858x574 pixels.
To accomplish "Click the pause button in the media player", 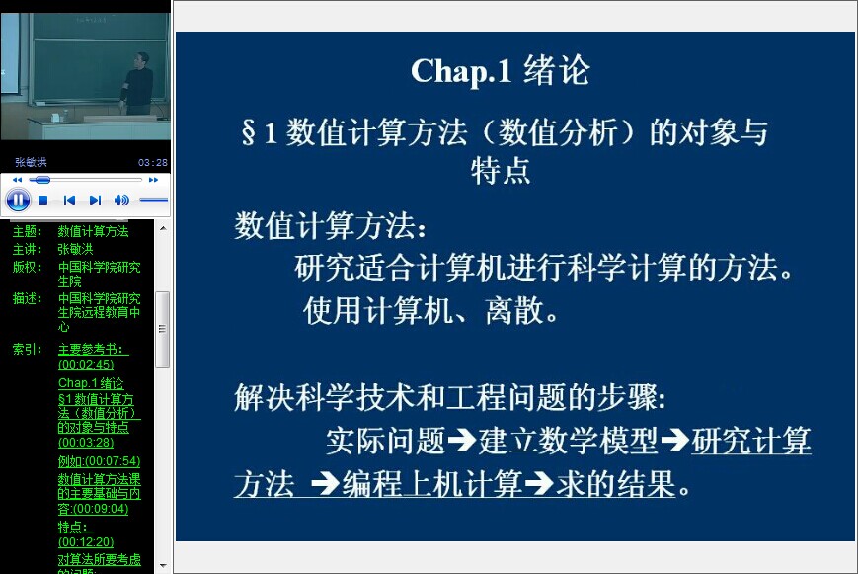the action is (18, 200).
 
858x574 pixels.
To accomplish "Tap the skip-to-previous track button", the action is (69, 200).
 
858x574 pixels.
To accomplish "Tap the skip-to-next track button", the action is (95, 200).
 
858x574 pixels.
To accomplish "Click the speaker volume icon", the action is (121, 200).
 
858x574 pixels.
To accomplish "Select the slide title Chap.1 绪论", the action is (501, 71).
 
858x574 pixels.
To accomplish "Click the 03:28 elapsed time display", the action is (153, 163).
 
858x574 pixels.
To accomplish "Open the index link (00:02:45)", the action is (86, 365).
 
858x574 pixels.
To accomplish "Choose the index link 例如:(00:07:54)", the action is (99, 461).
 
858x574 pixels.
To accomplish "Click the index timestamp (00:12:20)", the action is (86, 542).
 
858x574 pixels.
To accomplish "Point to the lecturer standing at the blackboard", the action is (138, 83).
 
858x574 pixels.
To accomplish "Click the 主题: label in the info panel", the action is (27, 232).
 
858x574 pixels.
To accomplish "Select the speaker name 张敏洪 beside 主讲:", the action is (75, 249).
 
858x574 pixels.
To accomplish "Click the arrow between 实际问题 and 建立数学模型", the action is (461, 441).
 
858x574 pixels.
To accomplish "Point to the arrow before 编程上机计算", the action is (325, 484).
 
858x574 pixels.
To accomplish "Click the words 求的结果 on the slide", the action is (615, 484).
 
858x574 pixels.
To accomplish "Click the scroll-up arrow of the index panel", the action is (163, 228).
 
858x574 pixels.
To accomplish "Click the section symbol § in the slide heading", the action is (249, 133).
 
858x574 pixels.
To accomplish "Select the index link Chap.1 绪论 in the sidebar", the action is (91, 383).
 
